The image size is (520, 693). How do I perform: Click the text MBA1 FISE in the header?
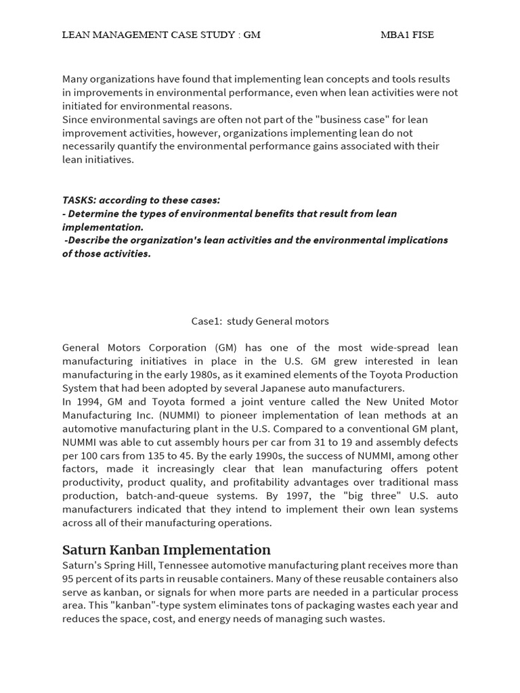point(407,35)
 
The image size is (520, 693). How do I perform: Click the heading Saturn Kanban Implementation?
point(166,550)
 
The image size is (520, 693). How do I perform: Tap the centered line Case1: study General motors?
point(260,321)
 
